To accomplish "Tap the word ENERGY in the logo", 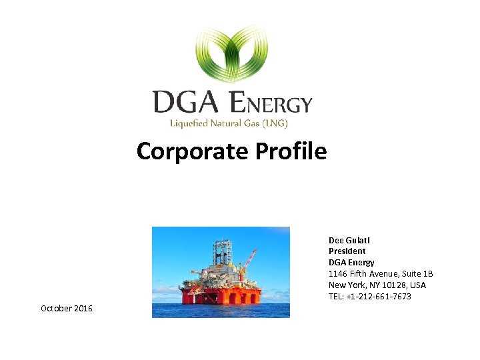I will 271,103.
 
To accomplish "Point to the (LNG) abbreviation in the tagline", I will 274,123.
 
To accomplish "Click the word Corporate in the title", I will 191,152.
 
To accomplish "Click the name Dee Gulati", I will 349,240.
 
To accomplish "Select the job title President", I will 347,251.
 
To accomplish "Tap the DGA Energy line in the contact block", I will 351,263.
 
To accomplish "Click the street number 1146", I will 338,274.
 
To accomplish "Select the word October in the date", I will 57,309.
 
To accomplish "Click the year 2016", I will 83,309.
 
